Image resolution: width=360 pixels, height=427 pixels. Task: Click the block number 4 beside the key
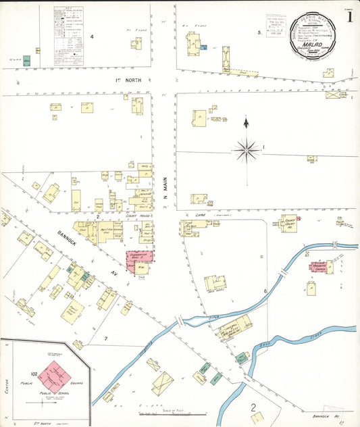[x=92, y=36]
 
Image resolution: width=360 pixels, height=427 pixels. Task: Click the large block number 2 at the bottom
[x=254, y=407]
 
